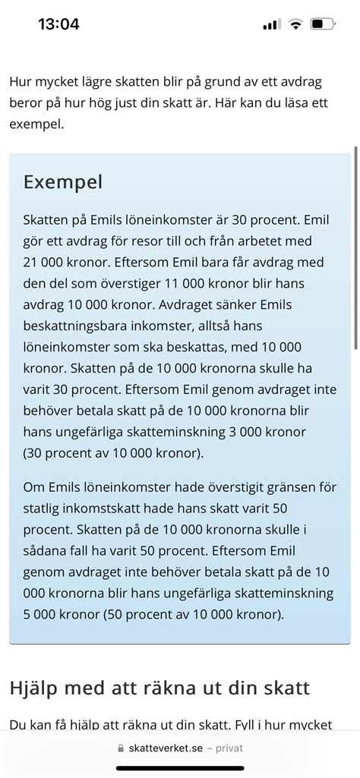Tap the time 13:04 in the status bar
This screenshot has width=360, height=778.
pyautogui.click(x=58, y=24)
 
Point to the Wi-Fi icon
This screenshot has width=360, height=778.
pyautogui.click(x=295, y=24)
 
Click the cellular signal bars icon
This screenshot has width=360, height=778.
pyautogui.click(x=271, y=24)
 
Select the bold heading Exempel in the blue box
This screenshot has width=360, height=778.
pyautogui.click(x=63, y=182)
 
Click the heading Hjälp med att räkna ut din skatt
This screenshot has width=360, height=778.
pyautogui.click(x=159, y=688)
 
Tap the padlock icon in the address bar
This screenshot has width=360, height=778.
pyautogui.click(x=121, y=748)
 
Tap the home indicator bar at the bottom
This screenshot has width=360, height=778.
pyautogui.click(x=180, y=768)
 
